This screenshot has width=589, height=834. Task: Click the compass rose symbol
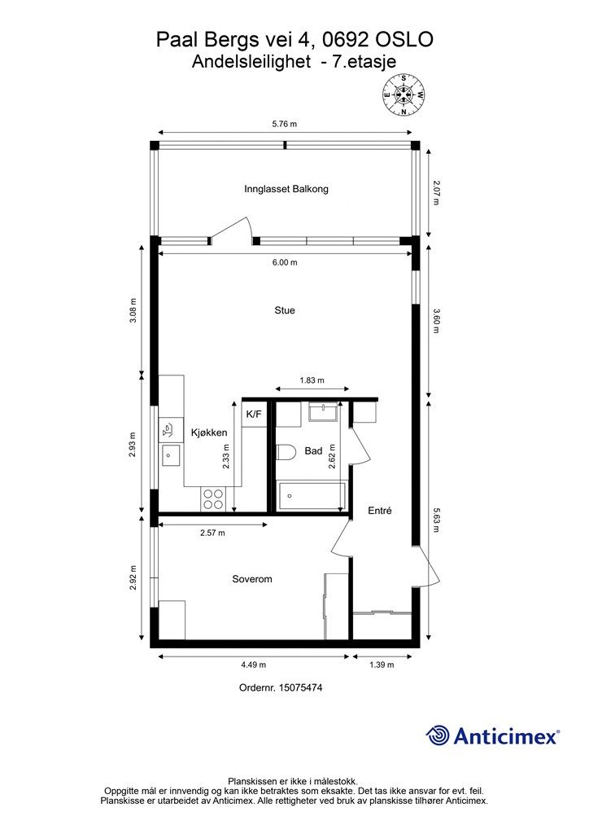coord(404,95)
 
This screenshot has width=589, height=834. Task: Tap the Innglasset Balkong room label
coord(286,189)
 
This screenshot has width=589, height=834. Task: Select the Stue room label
coord(285,310)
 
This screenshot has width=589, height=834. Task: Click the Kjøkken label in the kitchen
coord(209,433)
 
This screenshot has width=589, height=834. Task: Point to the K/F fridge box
coord(254,415)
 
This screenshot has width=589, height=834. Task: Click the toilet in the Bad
coord(286,452)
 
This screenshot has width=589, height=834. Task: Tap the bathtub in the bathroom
coord(311,496)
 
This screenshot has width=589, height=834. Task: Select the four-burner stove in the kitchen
coord(212,499)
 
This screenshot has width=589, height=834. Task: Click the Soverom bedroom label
coord(252,579)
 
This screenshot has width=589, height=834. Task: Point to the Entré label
coord(380,511)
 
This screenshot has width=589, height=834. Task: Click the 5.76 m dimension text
coord(285,124)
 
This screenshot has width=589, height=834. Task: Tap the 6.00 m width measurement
coord(286,262)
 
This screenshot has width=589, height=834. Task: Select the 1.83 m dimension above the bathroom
coord(312,380)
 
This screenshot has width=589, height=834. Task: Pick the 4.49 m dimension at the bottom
coord(253,665)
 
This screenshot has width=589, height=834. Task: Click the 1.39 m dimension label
coord(382,665)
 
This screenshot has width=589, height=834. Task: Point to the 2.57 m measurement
coord(212,533)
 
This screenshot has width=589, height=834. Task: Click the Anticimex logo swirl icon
coord(438,735)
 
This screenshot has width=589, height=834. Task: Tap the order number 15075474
coord(301,687)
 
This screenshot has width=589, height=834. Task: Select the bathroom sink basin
coord(323,413)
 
